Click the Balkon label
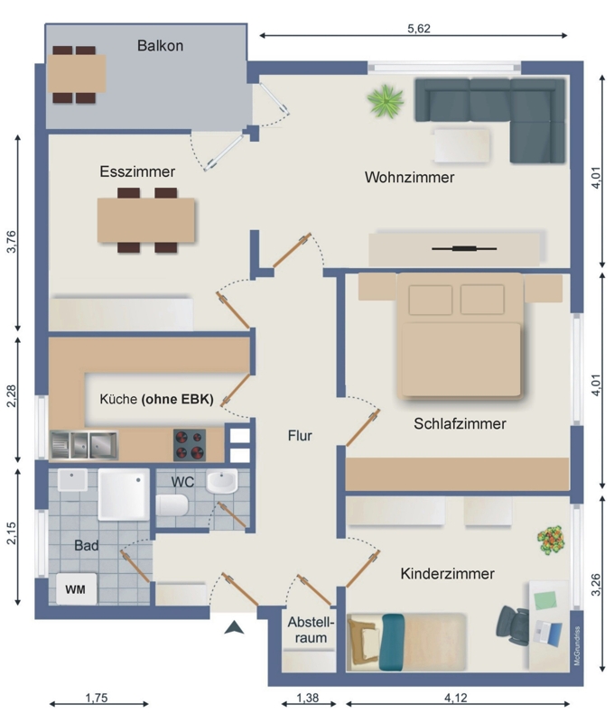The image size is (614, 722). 161,46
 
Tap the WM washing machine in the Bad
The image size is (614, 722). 77,589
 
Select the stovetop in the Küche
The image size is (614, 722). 190,445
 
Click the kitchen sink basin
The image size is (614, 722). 84,445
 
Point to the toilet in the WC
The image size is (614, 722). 172,505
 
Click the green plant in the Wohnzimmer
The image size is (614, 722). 385,101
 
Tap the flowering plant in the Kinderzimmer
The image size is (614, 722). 551,540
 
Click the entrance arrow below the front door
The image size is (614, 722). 234,627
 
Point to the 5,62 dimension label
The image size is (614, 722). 419,29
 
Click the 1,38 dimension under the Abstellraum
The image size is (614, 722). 307,698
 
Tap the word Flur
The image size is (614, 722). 300,435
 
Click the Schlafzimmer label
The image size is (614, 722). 460,423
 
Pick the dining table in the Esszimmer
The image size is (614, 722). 146,220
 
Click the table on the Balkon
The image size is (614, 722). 77,74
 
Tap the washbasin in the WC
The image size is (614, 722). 222,481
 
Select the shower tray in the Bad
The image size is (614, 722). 124,495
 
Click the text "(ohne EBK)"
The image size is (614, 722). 177,399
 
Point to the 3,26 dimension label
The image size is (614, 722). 596,584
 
